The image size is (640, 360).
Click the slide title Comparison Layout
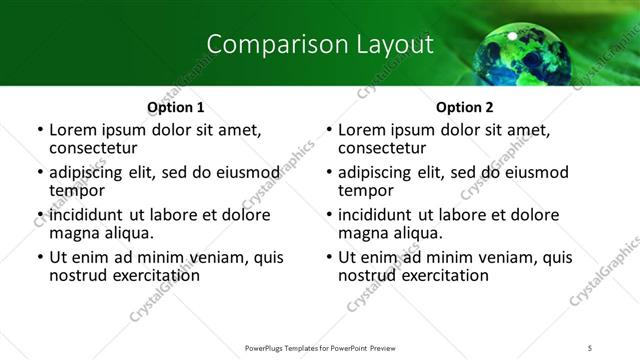click(x=319, y=45)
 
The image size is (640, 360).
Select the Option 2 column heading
click(x=464, y=107)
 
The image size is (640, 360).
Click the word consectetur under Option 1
click(x=96, y=148)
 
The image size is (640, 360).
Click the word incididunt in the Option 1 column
click(x=90, y=215)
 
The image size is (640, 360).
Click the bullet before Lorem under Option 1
click(x=39, y=131)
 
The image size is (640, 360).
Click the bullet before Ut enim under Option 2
click(x=328, y=258)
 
